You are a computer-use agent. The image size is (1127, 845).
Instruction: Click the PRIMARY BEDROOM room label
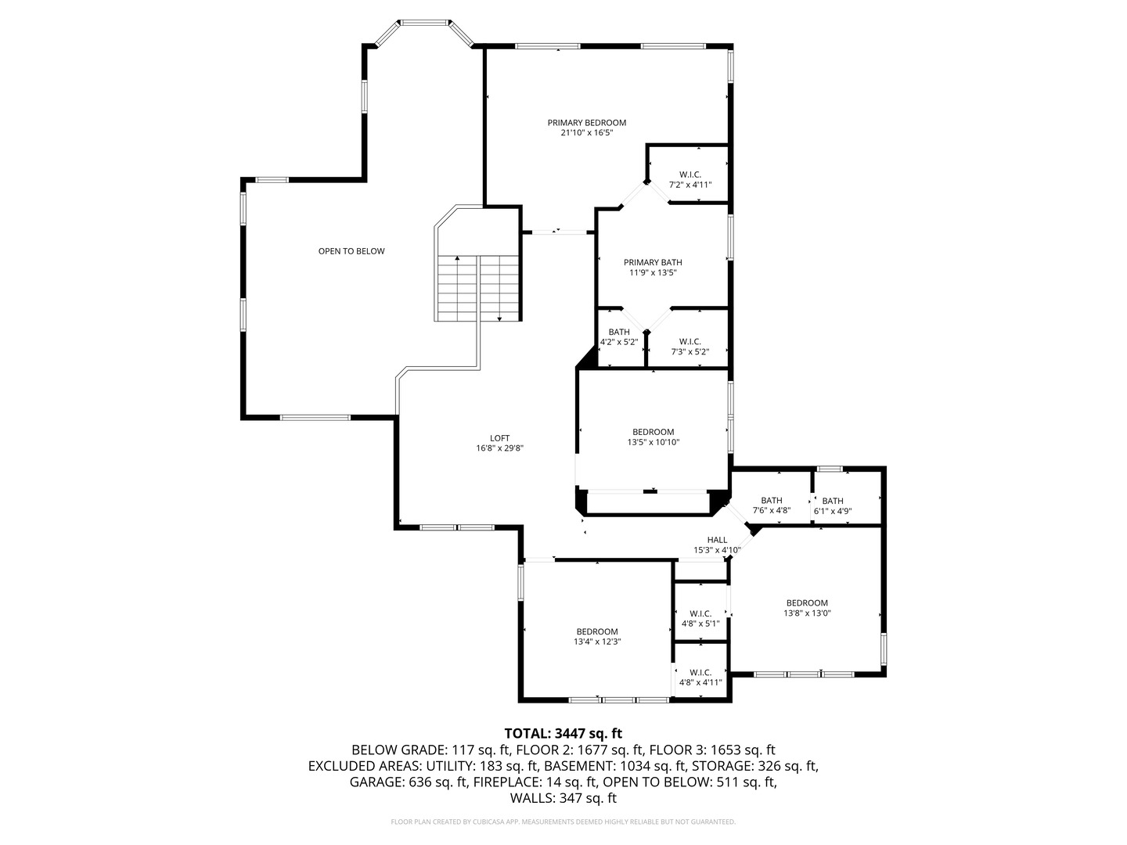tap(586, 123)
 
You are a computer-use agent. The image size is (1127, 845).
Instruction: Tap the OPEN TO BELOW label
tap(351, 251)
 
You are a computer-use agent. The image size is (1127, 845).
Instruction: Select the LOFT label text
tap(499, 438)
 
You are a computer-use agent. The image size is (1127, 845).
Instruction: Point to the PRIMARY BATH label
tap(653, 263)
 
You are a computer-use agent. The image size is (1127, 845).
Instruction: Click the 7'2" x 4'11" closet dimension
tap(690, 185)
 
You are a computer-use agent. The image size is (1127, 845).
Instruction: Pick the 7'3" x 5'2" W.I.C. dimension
tap(690, 352)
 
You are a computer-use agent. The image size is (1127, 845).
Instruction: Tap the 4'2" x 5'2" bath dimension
tap(619, 342)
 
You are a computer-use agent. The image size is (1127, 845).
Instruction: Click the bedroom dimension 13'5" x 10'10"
tap(653, 442)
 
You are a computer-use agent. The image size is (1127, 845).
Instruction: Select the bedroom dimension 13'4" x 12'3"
tap(597, 642)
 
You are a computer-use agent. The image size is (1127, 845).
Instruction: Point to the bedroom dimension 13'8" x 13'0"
tap(807, 613)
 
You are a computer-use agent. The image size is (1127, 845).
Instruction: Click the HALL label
tap(717, 540)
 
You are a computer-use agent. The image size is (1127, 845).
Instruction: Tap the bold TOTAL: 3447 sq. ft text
tap(563, 733)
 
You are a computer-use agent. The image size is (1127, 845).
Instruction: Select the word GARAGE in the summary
tap(374, 782)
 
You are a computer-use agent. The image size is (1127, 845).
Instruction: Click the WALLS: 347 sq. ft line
tap(563, 798)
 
